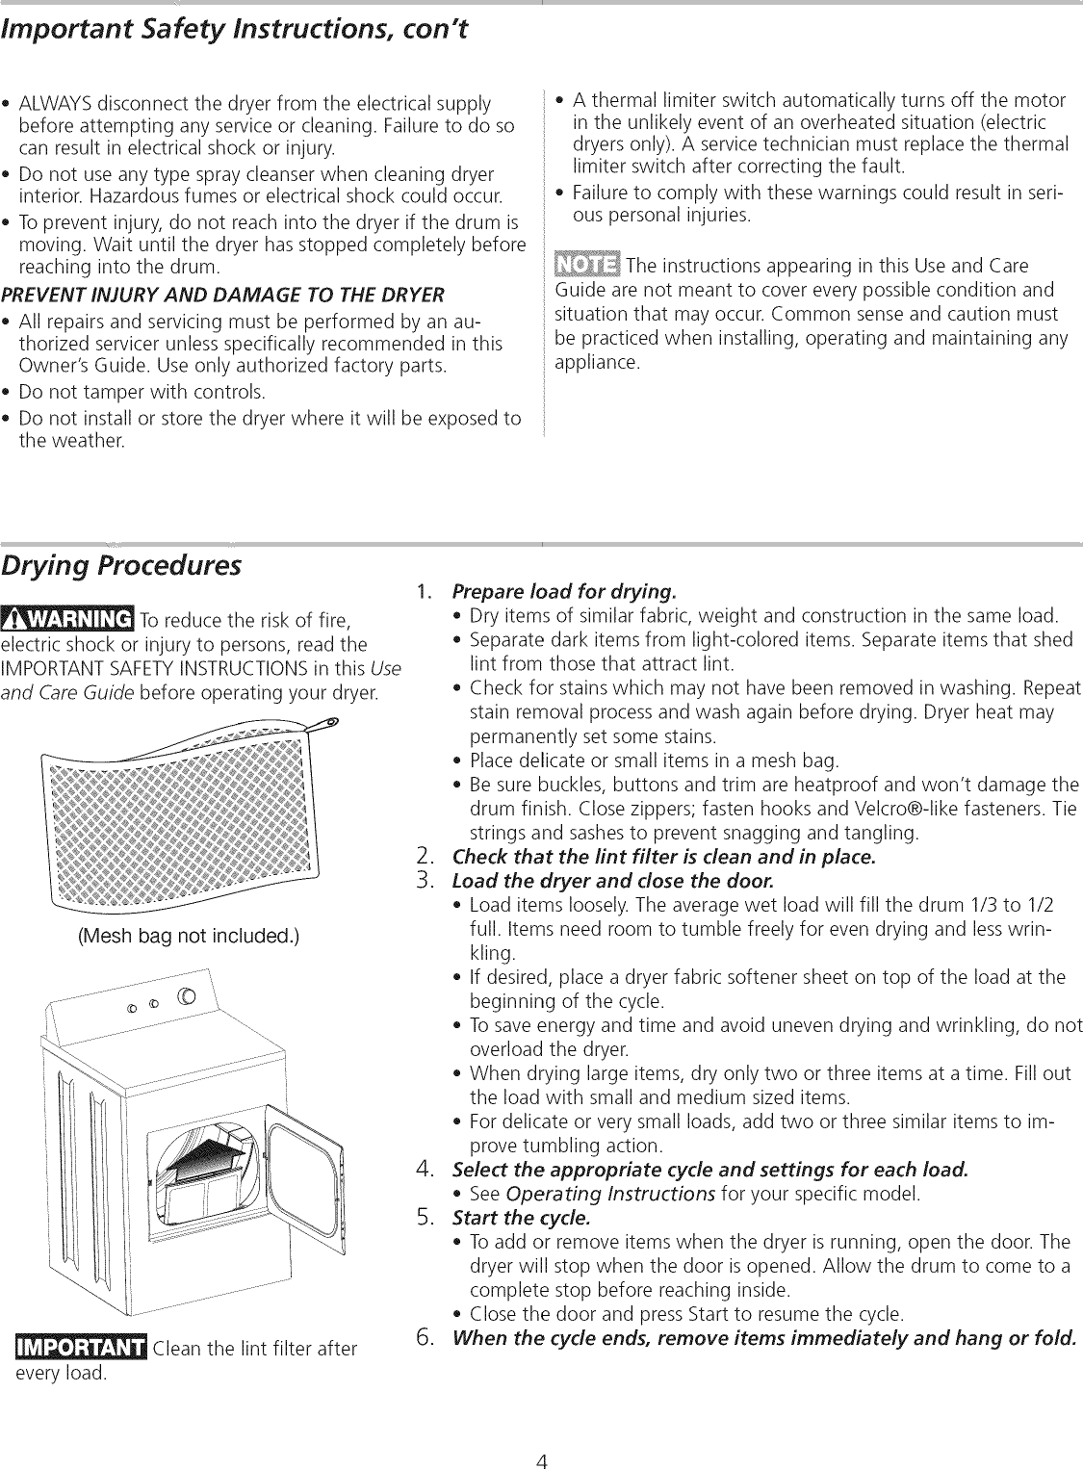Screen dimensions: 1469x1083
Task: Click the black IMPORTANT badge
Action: (81, 1347)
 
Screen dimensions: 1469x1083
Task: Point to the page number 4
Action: (542, 1436)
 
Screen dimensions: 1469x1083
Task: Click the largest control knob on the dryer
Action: (187, 995)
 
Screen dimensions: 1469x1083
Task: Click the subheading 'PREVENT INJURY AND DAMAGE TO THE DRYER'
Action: (223, 294)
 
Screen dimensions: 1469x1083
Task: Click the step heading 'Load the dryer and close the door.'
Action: (612, 881)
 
